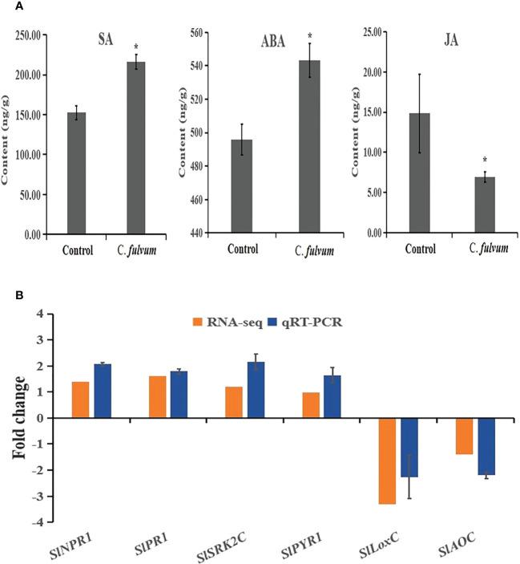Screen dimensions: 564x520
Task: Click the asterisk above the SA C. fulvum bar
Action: (137, 47)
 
